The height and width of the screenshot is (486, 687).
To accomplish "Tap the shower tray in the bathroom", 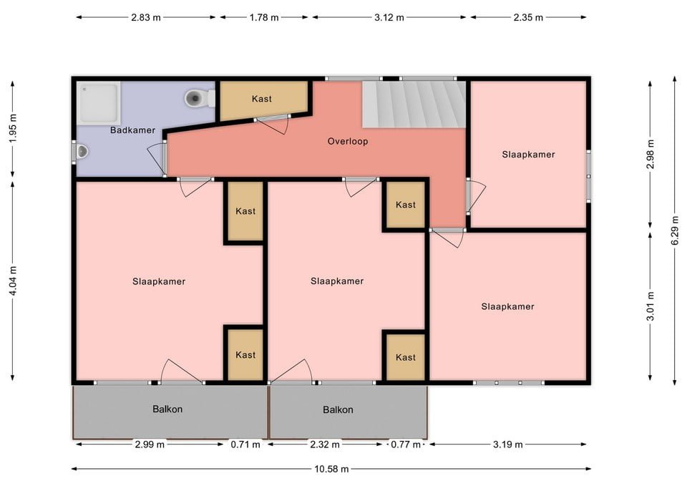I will click(x=99, y=102).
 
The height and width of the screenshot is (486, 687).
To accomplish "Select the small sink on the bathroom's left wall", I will click(x=82, y=152).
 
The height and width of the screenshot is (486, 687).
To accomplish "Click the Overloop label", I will click(x=348, y=142).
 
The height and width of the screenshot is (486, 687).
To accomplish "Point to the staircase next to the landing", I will click(x=414, y=104).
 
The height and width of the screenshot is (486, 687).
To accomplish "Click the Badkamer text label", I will click(x=132, y=130).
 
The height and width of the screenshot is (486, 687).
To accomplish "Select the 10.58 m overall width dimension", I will click(x=331, y=470).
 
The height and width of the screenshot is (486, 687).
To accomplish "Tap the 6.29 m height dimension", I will click(x=675, y=230).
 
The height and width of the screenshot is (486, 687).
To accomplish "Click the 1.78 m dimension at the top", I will click(x=264, y=18).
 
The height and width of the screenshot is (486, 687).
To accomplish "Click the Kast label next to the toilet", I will click(x=262, y=99).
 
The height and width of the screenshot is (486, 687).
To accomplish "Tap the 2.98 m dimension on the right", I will click(x=650, y=155).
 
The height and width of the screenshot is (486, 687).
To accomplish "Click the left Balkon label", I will click(x=167, y=410).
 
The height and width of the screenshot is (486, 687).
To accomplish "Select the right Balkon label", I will click(x=338, y=410).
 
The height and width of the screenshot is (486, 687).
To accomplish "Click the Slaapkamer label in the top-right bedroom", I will click(x=528, y=155).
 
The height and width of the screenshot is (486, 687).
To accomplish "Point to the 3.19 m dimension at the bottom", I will click(x=507, y=444).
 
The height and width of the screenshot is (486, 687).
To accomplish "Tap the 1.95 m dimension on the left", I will click(x=13, y=126).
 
